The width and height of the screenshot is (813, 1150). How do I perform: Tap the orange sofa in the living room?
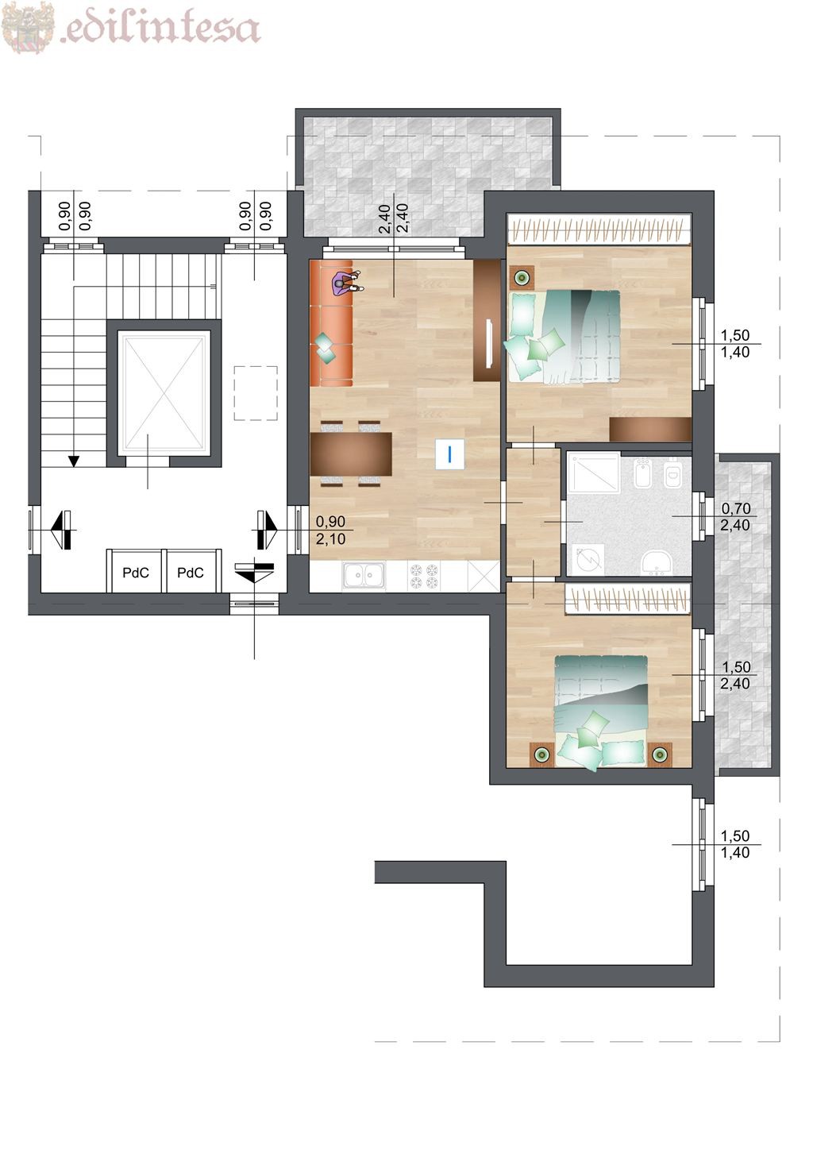coord(332,323)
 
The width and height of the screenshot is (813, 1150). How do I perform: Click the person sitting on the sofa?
coord(347,284)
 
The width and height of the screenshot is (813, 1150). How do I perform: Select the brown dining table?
coord(351,454)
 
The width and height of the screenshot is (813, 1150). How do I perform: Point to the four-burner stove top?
coord(424,575)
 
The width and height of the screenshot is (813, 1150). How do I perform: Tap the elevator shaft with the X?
coord(164,393)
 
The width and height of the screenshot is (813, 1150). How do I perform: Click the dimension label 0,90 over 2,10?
coord(330,531)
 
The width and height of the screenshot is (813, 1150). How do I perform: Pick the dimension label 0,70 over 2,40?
coord(735,516)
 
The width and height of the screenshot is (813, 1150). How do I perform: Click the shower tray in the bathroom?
coord(593,473)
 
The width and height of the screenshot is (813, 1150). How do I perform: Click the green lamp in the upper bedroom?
coord(522,278)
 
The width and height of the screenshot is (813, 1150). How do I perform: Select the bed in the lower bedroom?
coord(600,711)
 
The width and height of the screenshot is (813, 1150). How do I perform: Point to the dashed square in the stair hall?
coord(256,393)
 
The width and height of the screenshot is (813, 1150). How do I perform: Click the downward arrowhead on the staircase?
coord(75,461)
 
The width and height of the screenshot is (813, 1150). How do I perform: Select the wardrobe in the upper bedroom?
coord(599,230)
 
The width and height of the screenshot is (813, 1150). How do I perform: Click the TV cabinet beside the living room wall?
coord(487,320)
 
